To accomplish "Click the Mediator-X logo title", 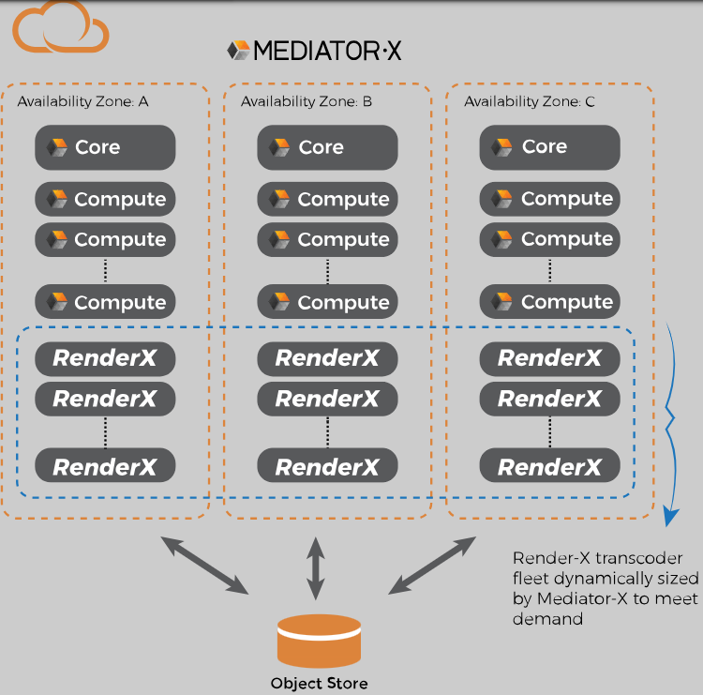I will (x=315, y=51).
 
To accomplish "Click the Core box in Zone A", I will (x=105, y=147).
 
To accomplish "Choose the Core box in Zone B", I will (x=327, y=147).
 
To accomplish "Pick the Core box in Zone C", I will (x=550, y=147).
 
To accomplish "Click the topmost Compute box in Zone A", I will (x=105, y=199).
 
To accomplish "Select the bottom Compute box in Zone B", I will (x=327, y=302).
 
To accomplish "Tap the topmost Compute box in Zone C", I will (x=550, y=199).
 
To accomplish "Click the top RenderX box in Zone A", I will (x=105, y=357).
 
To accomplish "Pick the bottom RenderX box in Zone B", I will (x=327, y=466).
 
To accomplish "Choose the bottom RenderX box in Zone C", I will (x=550, y=466).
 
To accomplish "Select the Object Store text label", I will (x=319, y=683).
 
